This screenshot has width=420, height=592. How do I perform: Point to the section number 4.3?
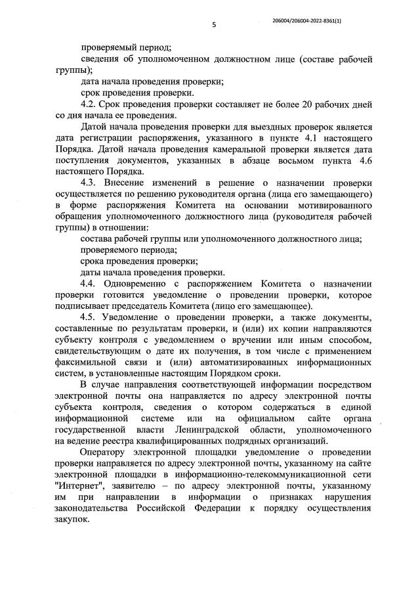tap(89, 182)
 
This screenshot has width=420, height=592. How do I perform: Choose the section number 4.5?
tap(89, 317)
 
